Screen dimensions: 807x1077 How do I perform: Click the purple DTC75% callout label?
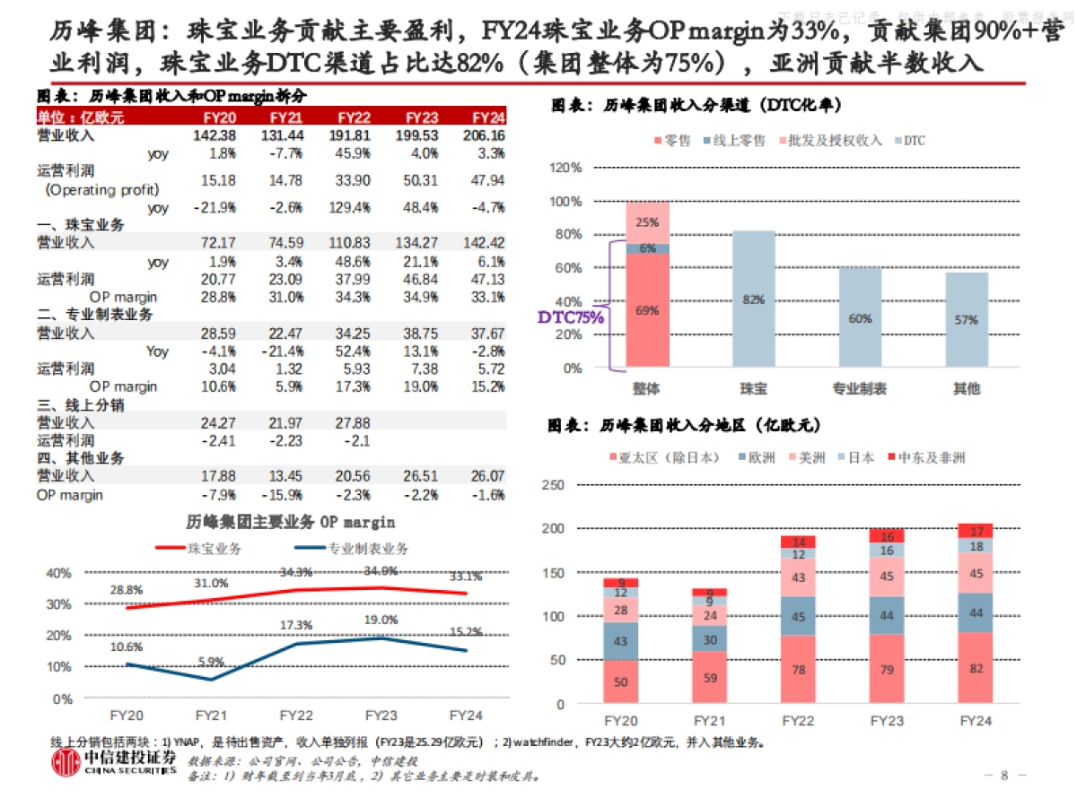tap(571, 317)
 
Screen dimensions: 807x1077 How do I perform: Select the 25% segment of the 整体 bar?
tap(646, 221)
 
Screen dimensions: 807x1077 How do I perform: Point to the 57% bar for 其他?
tap(966, 320)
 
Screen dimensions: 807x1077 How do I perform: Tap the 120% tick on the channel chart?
tap(565, 168)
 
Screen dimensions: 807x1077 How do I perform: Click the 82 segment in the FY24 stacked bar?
tap(976, 668)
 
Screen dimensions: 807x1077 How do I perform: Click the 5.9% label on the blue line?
tap(212, 663)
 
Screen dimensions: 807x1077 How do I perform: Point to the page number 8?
tap(1005, 775)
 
